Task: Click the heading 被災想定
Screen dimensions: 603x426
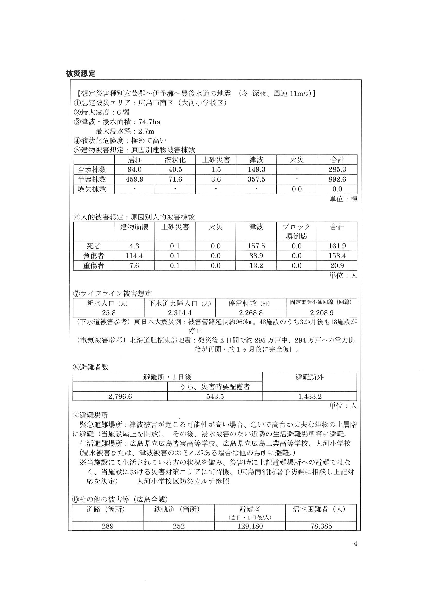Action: pos(81,74)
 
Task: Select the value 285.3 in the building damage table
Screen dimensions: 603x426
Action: pos(337,169)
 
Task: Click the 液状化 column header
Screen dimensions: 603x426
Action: pos(175,160)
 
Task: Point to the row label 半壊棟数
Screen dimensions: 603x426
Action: pos(92,179)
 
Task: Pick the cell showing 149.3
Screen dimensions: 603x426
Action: pos(256,169)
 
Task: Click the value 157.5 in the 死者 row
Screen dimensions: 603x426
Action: pos(256,246)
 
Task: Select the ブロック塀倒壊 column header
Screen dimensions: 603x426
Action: pos(296,232)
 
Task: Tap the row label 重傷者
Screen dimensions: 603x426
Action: pos(94,265)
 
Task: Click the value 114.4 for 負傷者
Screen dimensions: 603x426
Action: pos(134,256)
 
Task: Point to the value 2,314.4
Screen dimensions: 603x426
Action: pos(180,313)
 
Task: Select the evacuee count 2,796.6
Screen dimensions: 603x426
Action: pos(120,396)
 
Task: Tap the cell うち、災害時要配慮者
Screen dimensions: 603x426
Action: pos(215,387)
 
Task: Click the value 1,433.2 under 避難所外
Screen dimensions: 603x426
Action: pos(310,396)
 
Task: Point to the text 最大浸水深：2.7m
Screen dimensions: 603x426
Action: pos(125,131)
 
